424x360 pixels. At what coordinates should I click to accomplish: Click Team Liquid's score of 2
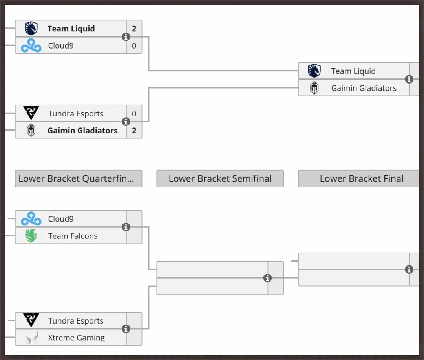[x=134, y=29]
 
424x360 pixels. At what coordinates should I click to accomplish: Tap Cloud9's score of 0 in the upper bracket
[x=134, y=45]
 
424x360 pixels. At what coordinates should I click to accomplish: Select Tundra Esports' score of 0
[x=134, y=113]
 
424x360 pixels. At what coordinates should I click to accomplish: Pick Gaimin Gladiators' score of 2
[x=134, y=131]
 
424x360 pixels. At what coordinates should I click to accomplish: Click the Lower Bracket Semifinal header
[x=220, y=178]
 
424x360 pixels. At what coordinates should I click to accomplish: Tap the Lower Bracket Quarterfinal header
[x=79, y=178]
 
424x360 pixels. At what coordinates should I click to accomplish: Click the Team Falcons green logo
[x=31, y=236]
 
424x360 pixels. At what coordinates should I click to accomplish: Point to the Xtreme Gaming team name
[x=76, y=338]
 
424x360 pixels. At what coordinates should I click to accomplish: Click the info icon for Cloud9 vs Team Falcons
[x=126, y=227]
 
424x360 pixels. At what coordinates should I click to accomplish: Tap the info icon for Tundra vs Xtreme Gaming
[x=126, y=329]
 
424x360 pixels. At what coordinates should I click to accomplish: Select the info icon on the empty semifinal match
[x=267, y=278]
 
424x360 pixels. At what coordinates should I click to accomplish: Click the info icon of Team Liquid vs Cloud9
[x=126, y=37]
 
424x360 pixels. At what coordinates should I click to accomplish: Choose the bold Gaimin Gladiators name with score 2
[x=82, y=131]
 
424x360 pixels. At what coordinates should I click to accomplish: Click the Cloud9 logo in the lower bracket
[x=31, y=219]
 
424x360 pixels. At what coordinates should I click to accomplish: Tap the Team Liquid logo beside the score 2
[x=31, y=28]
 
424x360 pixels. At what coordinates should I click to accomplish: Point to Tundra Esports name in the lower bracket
[x=76, y=321]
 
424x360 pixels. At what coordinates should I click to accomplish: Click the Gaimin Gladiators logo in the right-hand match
[x=314, y=88]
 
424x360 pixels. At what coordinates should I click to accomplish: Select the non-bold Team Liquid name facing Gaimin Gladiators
[x=353, y=71]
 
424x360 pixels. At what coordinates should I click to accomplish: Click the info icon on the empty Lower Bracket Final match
[x=409, y=269]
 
